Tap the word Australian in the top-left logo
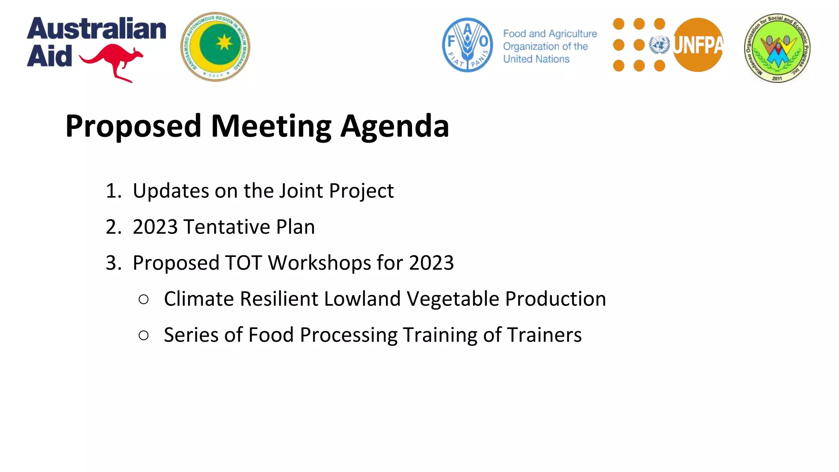tap(97, 29)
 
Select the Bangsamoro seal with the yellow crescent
tap(215, 47)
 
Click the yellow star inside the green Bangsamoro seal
tap(224, 42)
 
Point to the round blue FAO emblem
tap(467, 45)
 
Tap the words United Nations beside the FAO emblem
tap(536, 59)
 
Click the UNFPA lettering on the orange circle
tap(698, 45)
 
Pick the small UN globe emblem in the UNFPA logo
tap(660, 45)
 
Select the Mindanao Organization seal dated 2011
tap(777, 48)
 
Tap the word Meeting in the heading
tap(271, 126)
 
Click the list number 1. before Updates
tap(113, 191)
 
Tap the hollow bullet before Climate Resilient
tap(143, 300)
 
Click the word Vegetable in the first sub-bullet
tap(453, 299)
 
